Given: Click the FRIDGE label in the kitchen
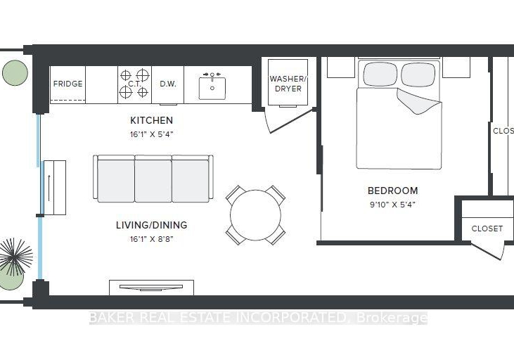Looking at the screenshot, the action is tap(68, 84).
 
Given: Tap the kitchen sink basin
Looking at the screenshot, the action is tap(212, 88).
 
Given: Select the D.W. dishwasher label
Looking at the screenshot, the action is tap(168, 84).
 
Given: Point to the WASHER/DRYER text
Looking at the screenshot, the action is tap(288, 84).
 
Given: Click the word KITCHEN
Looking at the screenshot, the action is tap(151, 120).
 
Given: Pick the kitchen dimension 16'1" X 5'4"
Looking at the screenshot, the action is tap(151, 134).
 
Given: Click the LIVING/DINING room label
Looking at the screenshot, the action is tap(151, 225).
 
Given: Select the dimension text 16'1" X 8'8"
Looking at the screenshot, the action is tap(151, 239).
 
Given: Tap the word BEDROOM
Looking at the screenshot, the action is tap(393, 191).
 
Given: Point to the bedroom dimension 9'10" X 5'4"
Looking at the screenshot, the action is tap(393, 205).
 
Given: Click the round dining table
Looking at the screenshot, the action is tap(255, 215).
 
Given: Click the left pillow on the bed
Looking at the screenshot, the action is tap(380, 75).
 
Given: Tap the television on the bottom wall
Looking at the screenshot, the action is tap(151, 288).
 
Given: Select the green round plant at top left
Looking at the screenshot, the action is tap(15, 73).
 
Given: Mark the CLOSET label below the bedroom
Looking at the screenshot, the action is tap(487, 229).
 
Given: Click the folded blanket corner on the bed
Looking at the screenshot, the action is tap(418, 101).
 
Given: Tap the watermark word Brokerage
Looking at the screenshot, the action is tap(392, 318).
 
